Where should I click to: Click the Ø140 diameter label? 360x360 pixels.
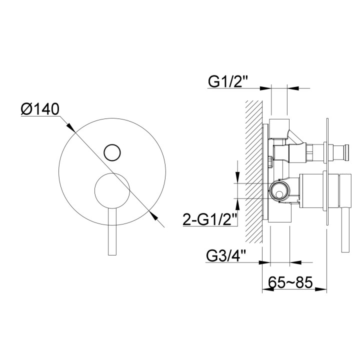point(40,109)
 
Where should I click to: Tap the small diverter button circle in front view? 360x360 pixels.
point(112,152)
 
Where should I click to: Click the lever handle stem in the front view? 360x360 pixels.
point(112,232)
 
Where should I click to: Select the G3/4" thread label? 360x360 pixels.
point(226,256)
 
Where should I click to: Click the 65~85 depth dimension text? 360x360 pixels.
point(290,282)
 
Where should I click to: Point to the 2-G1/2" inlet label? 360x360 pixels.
point(209,219)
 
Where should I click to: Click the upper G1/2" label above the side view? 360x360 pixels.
point(228,81)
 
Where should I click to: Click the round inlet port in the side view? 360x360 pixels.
point(279,191)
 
